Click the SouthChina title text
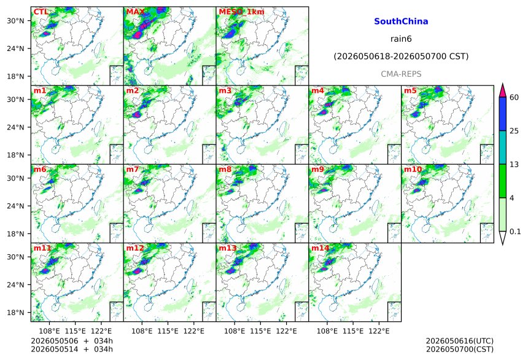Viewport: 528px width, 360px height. pyautogui.click(x=401, y=22)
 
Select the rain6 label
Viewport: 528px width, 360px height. pyautogui.click(x=401, y=39)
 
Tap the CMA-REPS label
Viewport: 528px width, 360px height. pyautogui.click(x=401, y=74)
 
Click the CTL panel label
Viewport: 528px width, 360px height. pyautogui.click(x=41, y=12)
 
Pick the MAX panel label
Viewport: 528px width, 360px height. pyautogui.click(x=135, y=12)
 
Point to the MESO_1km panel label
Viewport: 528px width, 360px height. pyautogui.click(x=241, y=12)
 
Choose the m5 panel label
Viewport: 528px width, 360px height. pyautogui.click(x=410, y=91)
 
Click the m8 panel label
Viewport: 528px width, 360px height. pyautogui.click(x=225, y=169)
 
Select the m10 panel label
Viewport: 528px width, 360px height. pyautogui.click(x=413, y=169)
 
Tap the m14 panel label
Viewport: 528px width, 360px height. pyautogui.click(x=320, y=248)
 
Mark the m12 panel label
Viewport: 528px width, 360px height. pyautogui.click(x=135, y=248)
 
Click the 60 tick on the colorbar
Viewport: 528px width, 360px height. pyautogui.click(x=514, y=98)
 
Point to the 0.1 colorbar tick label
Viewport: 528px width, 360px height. pyautogui.click(x=515, y=232)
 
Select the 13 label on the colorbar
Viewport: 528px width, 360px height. pyautogui.click(x=514, y=165)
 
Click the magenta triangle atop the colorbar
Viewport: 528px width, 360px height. pyautogui.click(x=503, y=90)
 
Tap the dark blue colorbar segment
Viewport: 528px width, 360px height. pyautogui.click(x=503, y=114)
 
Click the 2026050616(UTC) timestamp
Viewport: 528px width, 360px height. pyautogui.click(x=460, y=341)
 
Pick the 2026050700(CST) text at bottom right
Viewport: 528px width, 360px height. pyautogui.click(x=460, y=349)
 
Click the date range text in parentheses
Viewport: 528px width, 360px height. pyautogui.click(x=401, y=57)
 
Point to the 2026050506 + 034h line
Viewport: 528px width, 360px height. pyautogui.click(x=72, y=341)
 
